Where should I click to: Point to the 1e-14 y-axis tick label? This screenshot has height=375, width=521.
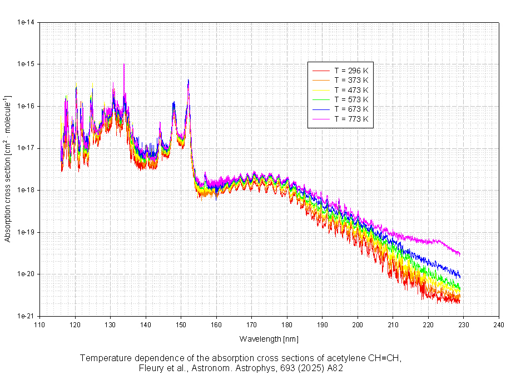pos(26,22)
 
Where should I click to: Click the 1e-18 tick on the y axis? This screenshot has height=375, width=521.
pos(26,190)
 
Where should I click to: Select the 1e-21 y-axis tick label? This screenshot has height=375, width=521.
pos(26,316)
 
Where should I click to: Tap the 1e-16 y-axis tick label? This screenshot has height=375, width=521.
pos(26,106)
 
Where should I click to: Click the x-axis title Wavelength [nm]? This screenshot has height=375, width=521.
pos(269,338)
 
